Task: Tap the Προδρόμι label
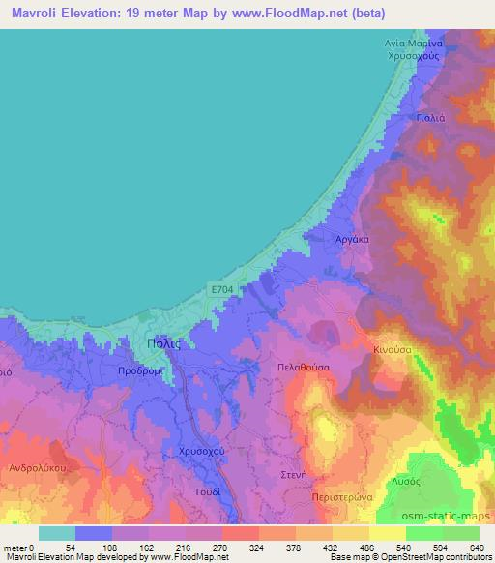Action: [x=138, y=371]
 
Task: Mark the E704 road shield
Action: [x=222, y=287]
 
